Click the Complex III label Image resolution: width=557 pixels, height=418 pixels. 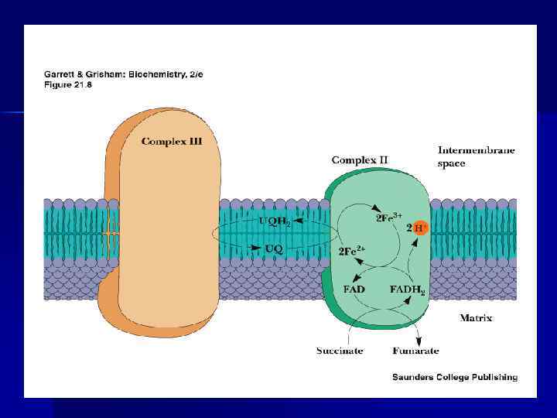tap(172, 141)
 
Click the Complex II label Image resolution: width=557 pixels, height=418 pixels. tap(360, 160)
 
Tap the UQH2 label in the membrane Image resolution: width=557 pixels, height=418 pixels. tap(274, 221)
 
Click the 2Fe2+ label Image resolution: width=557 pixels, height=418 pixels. tap(352, 252)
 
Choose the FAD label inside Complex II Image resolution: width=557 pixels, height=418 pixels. tap(354, 290)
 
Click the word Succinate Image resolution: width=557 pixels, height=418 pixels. tap(340, 351)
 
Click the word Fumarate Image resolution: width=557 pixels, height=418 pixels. tap(415, 351)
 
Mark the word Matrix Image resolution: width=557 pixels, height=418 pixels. tap(476, 317)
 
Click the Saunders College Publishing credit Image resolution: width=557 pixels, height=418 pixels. tap(454, 377)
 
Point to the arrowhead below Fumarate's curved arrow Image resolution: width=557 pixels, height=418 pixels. tap(419, 339)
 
